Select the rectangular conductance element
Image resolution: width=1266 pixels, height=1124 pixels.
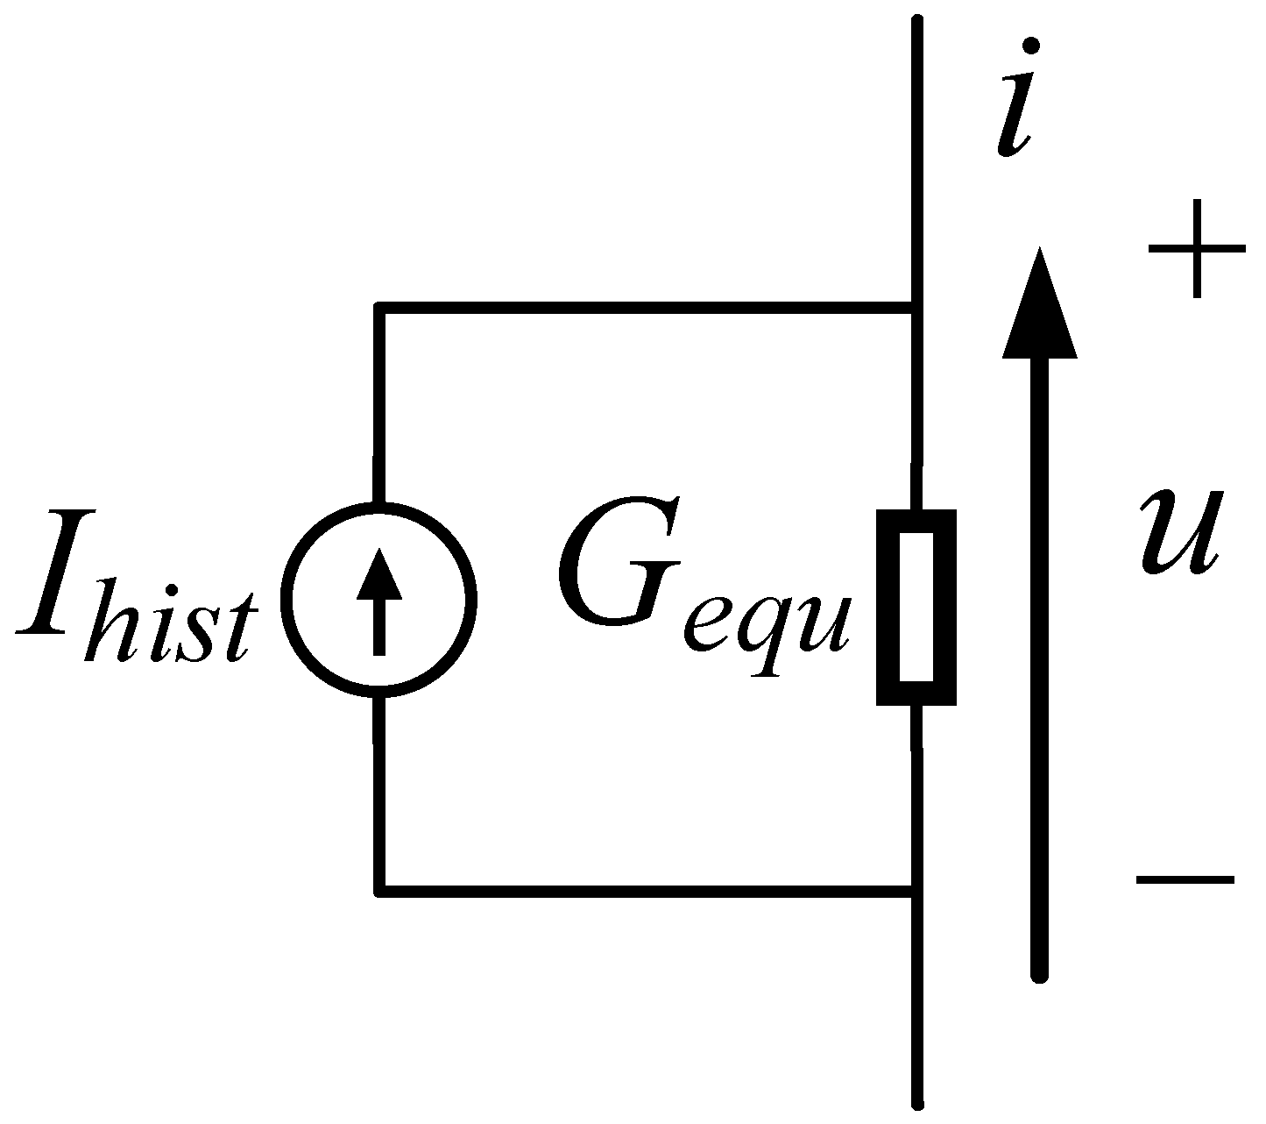pos(916,607)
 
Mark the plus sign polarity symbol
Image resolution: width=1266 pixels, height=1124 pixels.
pos(1197,249)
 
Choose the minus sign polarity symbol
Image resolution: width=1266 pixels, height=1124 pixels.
pos(1185,878)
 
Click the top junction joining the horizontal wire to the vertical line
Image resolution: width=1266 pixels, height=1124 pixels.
pos(916,307)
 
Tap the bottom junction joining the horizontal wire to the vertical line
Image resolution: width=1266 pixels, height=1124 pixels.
pos(916,893)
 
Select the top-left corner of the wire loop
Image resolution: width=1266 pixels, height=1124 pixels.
pos(379,307)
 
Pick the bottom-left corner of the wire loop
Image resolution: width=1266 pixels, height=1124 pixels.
pos(379,893)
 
